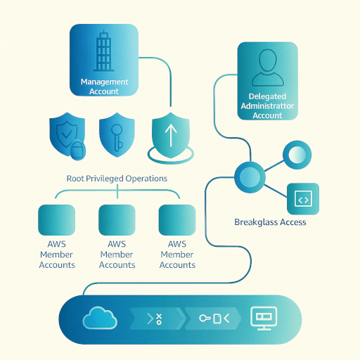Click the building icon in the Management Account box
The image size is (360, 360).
pyautogui.click(x=104, y=53)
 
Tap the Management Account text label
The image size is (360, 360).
pyautogui.click(x=104, y=86)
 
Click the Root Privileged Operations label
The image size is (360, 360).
pyautogui.click(x=117, y=179)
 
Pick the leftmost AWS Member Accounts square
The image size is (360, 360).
pyautogui.click(x=57, y=219)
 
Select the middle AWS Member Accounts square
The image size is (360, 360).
pyautogui.click(x=117, y=219)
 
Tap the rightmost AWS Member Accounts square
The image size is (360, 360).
pyautogui.click(x=177, y=219)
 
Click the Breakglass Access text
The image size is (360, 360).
pyautogui.click(x=270, y=222)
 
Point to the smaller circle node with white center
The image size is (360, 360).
pyautogui.click(x=295, y=154)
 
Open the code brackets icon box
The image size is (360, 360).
pyautogui.click(x=303, y=199)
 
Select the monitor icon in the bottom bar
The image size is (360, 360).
pyautogui.click(x=264, y=318)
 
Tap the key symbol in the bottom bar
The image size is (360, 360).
pyautogui.click(x=206, y=319)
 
